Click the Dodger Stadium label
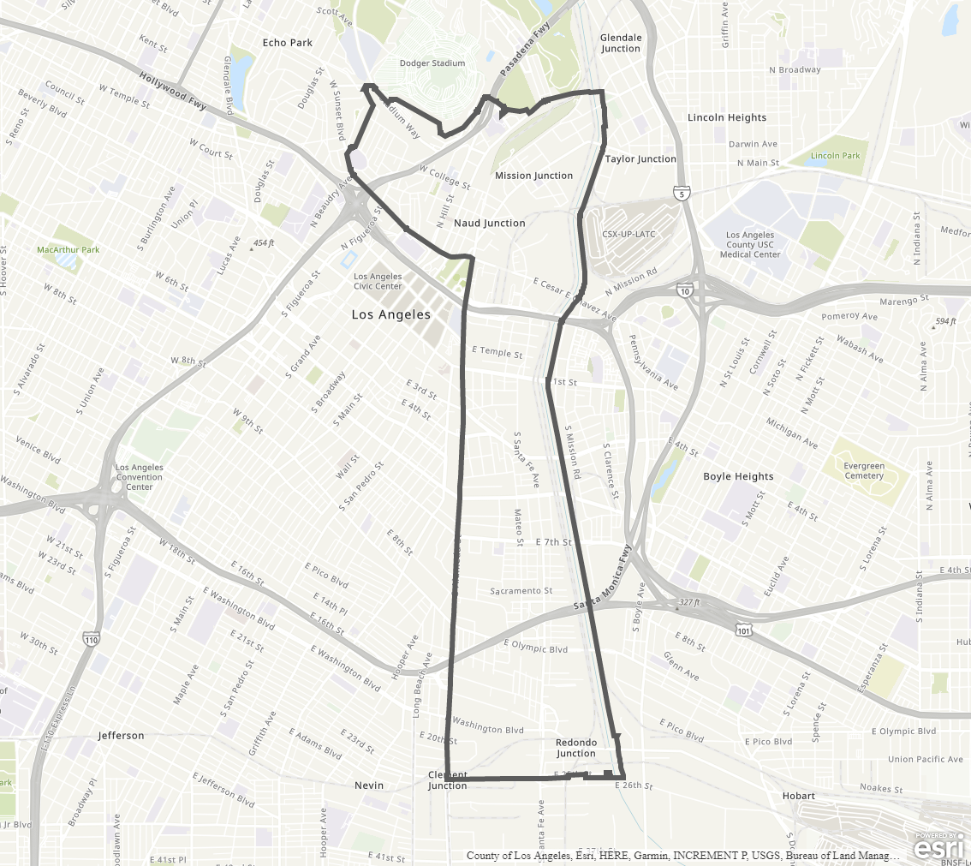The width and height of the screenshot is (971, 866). click(432, 63)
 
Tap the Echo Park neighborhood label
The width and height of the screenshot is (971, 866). click(288, 43)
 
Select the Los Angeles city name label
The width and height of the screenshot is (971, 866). click(391, 315)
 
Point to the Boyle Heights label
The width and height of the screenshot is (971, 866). click(738, 476)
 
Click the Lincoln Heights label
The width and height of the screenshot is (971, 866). click(727, 117)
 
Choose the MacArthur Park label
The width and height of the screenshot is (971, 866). click(69, 250)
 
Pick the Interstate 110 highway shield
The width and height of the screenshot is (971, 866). click(92, 638)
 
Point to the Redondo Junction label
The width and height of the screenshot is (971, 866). click(576, 748)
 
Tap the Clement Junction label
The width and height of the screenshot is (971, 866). click(448, 780)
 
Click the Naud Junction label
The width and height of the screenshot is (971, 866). click(490, 223)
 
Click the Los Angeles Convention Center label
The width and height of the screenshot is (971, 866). click(140, 477)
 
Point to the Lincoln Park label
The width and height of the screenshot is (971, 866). click(835, 156)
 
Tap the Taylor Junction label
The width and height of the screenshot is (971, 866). click(640, 158)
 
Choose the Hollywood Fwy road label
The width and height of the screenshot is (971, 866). click(173, 90)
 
